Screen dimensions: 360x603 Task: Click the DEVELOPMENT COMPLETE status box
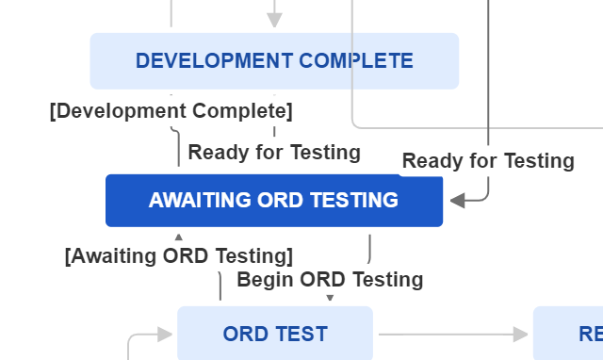tap(274, 61)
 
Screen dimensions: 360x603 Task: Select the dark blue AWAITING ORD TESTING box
tap(273, 200)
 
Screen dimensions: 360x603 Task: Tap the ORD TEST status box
tap(275, 334)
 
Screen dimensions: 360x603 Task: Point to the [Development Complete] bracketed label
tap(171, 111)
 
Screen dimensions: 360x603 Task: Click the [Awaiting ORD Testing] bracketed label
tap(179, 255)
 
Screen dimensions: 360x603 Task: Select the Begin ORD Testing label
tap(330, 279)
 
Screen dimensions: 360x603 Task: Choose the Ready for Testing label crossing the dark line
tap(488, 161)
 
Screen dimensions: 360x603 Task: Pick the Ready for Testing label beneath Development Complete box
tap(274, 152)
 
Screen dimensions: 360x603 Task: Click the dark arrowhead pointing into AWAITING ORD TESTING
tap(457, 200)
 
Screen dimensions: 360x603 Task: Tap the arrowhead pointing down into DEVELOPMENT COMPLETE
tap(274, 21)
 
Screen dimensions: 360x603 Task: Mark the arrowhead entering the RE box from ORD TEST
tap(521, 334)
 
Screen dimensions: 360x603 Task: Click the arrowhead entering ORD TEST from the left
tap(167, 334)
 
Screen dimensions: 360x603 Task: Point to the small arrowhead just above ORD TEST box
tap(330, 298)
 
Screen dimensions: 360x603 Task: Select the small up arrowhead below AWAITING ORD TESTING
tap(179, 237)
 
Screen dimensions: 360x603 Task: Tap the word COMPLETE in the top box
tap(355, 61)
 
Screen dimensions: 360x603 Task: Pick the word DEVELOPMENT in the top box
tap(214, 61)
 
